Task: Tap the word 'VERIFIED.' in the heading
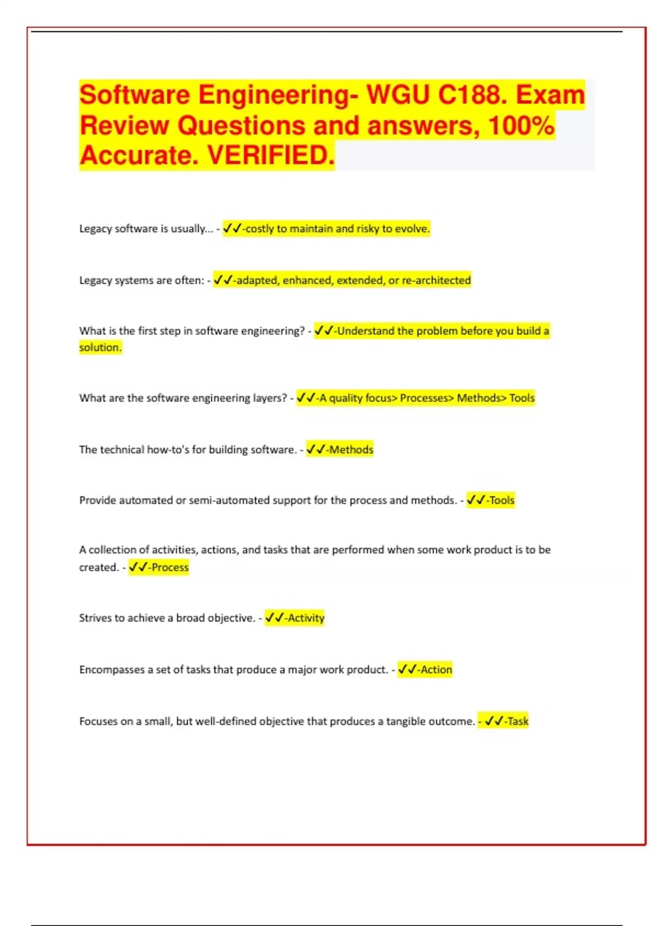pos(271,155)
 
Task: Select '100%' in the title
pos(521,125)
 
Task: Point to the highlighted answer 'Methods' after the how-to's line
pos(352,449)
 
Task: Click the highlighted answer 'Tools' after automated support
pos(501,500)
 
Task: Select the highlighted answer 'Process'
pos(170,567)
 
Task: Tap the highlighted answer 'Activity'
pos(306,618)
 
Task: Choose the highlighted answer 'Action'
pos(436,669)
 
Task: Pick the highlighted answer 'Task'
pos(518,721)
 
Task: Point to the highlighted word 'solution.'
pos(100,347)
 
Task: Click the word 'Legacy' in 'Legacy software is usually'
pos(95,229)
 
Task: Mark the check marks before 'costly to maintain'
pos(232,229)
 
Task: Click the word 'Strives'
pos(95,618)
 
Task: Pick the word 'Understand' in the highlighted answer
pos(366,331)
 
